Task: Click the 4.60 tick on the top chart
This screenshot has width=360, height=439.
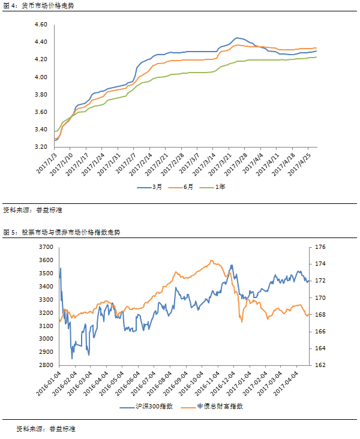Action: coord(41,25)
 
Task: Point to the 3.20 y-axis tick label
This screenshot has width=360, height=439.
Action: coord(41,147)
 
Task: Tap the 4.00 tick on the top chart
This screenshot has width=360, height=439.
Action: coord(41,77)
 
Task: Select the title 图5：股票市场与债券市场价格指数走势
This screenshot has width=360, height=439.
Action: coord(62,232)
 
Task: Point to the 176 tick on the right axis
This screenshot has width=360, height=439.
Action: coord(320,246)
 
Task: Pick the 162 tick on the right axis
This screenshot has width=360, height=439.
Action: coord(320,365)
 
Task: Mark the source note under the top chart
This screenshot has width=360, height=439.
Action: coord(34,210)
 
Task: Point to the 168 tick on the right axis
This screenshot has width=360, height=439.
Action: coord(320,314)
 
